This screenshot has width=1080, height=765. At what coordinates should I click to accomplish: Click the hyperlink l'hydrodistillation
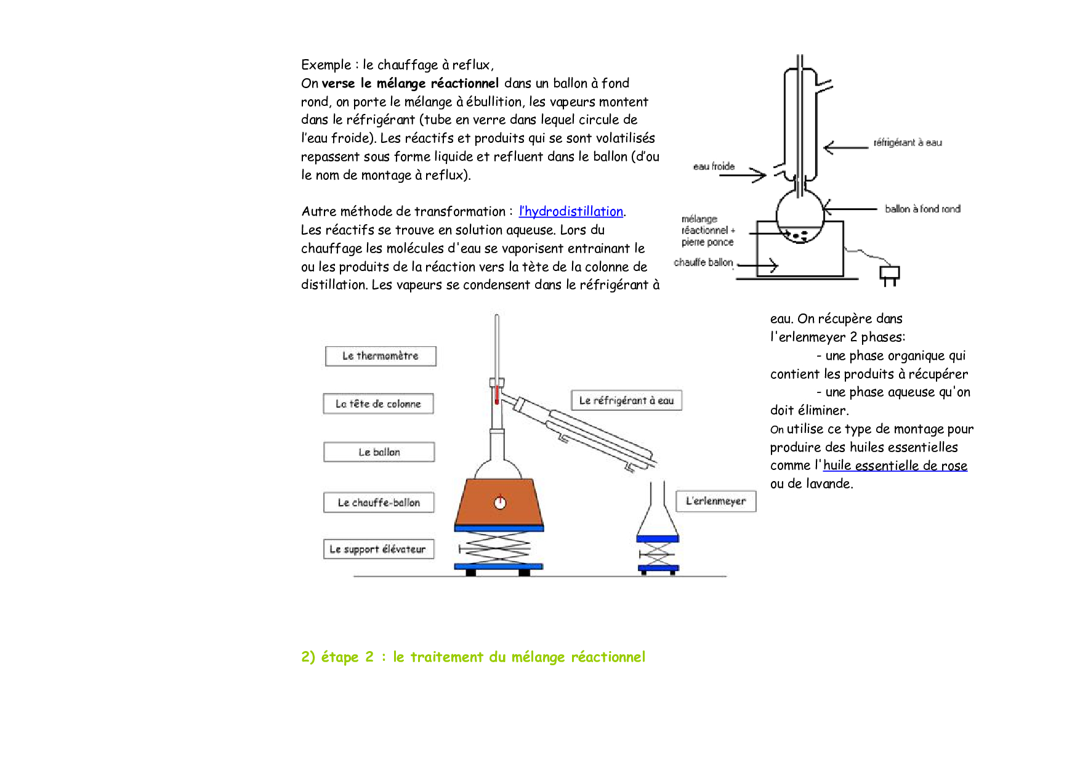click(x=571, y=211)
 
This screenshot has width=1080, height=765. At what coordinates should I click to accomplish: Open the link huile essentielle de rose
click(x=895, y=466)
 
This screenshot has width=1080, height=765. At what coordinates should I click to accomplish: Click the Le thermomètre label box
click(x=381, y=356)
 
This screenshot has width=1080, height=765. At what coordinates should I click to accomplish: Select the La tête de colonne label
click(x=378, y=404)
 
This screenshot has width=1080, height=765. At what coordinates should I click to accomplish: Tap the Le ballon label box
click(x=379, y=452)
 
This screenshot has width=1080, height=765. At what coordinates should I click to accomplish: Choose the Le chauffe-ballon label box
click(x=379, y=503)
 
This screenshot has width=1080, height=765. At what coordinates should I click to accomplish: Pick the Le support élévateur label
click(x=378, y=549)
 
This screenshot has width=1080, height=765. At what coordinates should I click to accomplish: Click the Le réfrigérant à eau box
click(x=626, y=400)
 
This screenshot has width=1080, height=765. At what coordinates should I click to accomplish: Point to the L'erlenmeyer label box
click(x=715, y=501)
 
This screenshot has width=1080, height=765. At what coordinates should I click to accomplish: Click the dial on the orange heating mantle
click(x=500, y=503)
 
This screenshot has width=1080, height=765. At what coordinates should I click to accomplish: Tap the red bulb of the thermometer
click(x=496, y=395)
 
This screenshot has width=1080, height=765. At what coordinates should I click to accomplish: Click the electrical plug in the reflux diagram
click(x=889, y=274)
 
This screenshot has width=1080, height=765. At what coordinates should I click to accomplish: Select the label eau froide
click(x=714, y=166)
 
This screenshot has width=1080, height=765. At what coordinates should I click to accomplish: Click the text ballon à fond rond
click(x=922, y=209)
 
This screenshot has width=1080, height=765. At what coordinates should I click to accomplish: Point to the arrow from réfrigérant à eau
click(x=845, y=147)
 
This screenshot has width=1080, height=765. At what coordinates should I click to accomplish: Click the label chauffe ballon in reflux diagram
click(x=703, y=262)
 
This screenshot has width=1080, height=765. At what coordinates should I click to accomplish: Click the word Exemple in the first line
click(x=326, y=65)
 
